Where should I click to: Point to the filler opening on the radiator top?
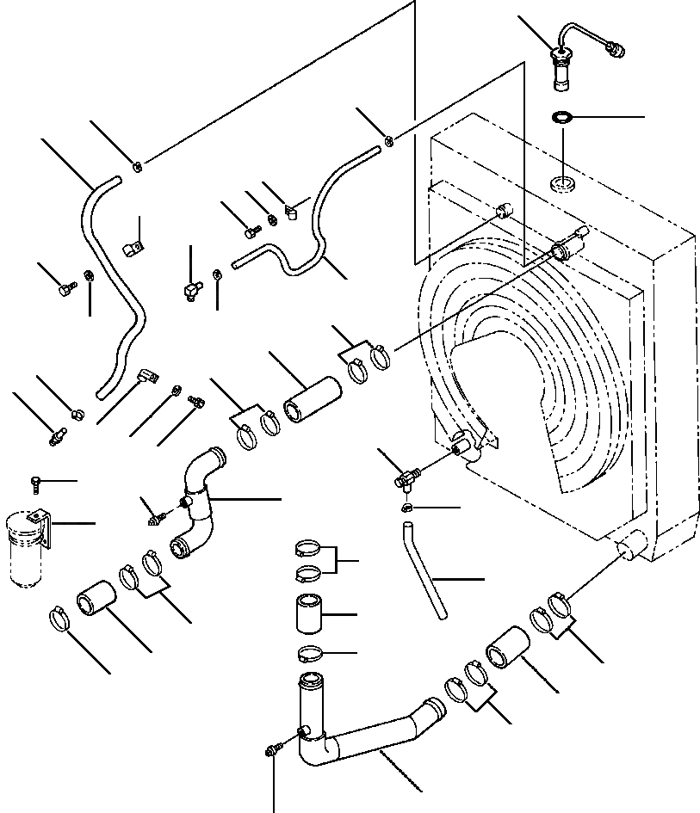tap(563, 182)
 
